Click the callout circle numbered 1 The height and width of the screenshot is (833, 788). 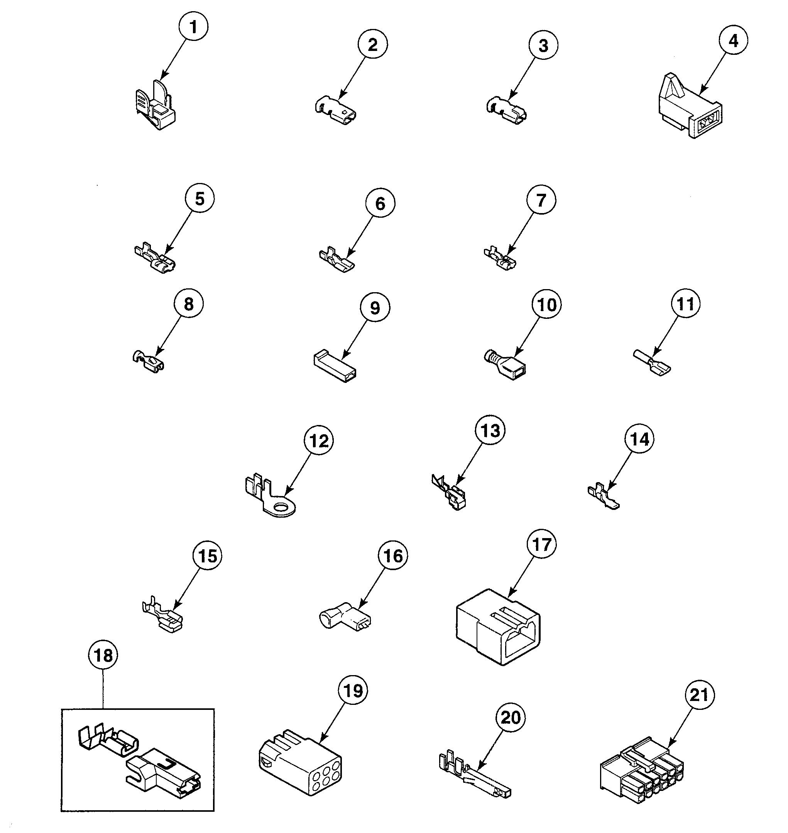click(193, 27)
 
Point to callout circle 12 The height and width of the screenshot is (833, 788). click(319, 441)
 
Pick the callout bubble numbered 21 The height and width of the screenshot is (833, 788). click(699, 695)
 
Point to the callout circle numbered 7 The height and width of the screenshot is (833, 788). click(541, 200)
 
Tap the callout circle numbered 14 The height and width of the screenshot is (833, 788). click(640, 439)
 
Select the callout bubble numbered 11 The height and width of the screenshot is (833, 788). click(685, 304)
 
